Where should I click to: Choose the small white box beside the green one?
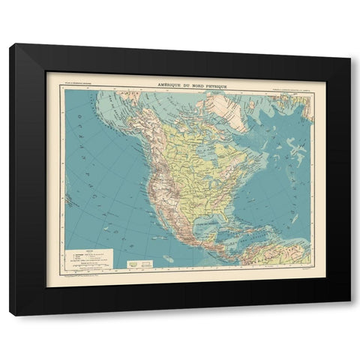coord(148,263)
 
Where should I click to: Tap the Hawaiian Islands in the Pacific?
coord(71,201)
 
